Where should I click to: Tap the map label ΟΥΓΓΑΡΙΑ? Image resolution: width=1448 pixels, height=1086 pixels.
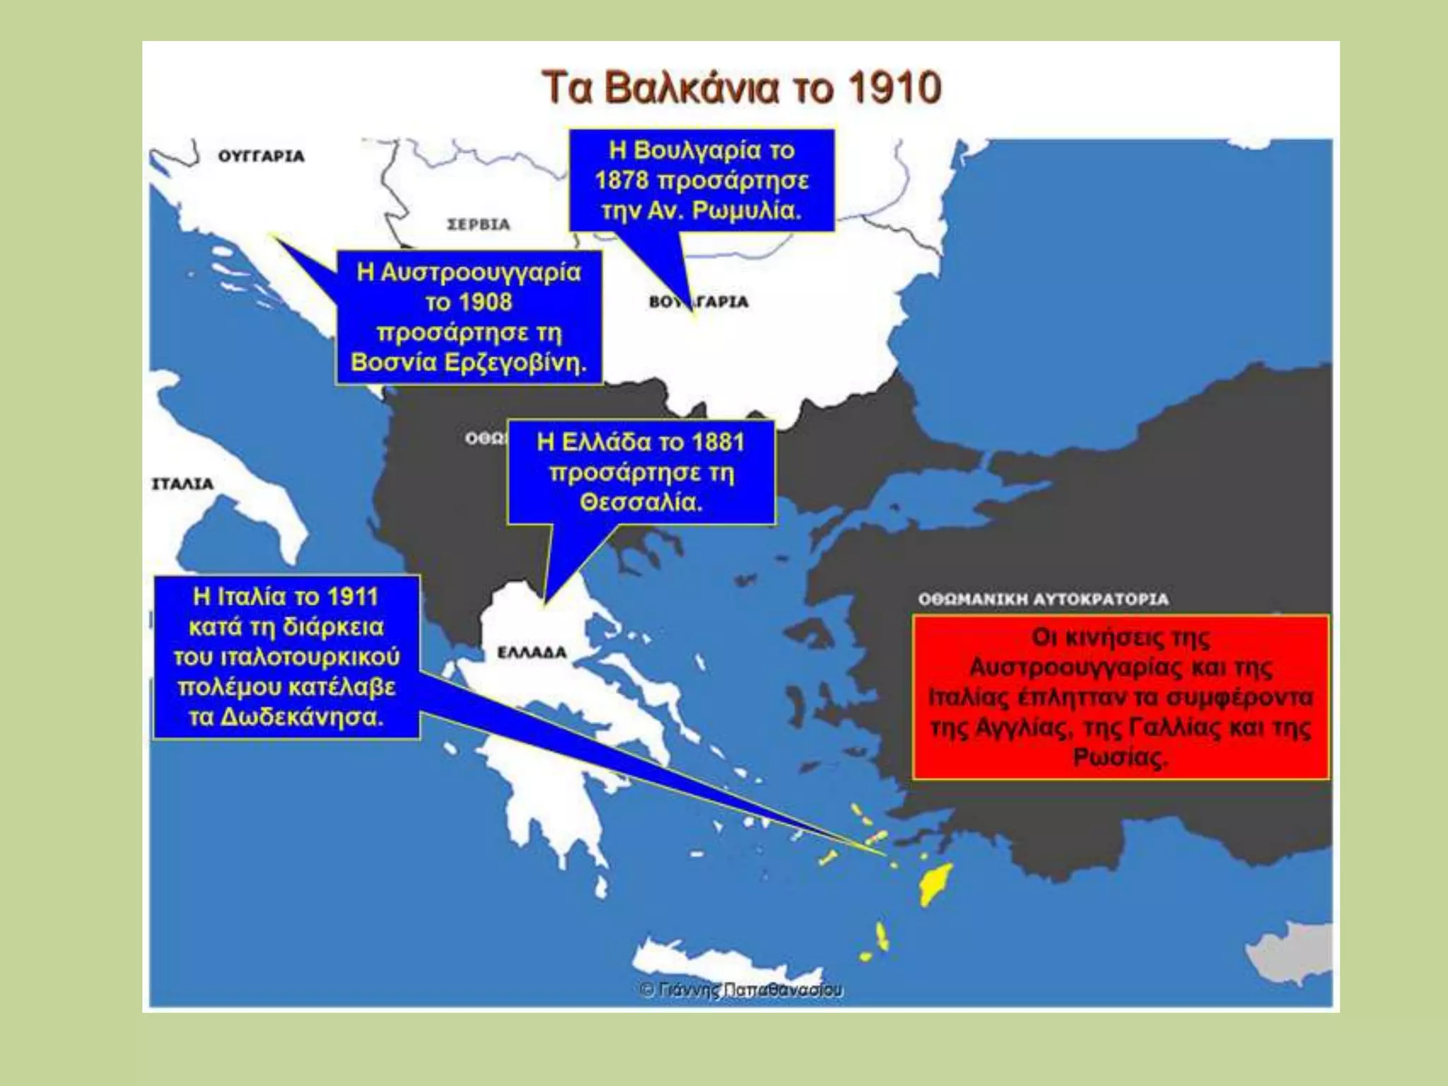[x=261, y=156]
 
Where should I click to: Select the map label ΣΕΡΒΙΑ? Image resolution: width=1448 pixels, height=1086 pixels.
[x=479, y=225]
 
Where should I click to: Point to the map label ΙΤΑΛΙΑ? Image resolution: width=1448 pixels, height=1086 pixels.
[x=182, y=484]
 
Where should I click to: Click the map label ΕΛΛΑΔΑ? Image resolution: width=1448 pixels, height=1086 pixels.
[x=532, y=653]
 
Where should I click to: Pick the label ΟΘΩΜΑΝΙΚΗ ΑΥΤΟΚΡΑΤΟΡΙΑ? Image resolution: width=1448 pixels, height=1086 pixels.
[x=1044, y=600]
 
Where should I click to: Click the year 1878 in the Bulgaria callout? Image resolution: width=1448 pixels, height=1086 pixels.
[x=621, y=181]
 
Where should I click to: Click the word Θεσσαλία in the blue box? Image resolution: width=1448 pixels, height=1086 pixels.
[x=641, y=503]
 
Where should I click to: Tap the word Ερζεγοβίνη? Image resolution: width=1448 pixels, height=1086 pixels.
[x=515, y=363]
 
